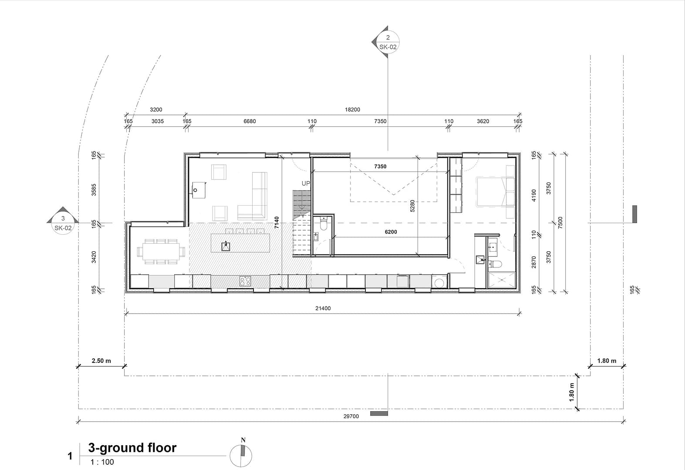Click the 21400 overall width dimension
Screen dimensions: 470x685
323,308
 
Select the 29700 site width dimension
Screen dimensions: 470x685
351,416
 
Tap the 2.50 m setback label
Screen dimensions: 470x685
101,361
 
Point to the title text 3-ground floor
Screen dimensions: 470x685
132,448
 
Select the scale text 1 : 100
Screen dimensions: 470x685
102,462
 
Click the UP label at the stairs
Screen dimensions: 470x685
306,183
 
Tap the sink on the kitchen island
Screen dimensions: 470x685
226,246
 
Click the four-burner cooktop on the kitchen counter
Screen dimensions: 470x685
245,281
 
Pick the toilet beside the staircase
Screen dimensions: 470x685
323,224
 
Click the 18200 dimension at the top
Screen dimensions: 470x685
352,110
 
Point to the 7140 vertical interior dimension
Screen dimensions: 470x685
277,223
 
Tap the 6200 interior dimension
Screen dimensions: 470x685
391,232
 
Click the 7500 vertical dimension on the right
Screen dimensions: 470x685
560,223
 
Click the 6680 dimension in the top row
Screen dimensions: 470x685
250,122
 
